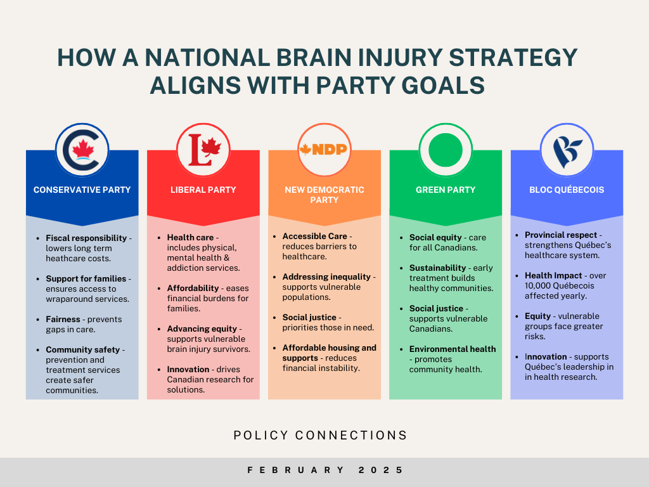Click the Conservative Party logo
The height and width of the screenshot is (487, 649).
82,150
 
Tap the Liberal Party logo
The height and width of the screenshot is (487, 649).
203,150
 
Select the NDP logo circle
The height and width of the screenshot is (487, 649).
324,150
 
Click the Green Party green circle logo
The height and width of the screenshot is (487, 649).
446,150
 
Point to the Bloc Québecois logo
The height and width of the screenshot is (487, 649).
567,150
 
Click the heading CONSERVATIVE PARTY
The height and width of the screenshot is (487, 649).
82,190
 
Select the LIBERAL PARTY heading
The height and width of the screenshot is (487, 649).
203,190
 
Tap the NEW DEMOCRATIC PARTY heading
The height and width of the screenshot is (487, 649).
324,195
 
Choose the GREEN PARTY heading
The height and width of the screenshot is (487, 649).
446,190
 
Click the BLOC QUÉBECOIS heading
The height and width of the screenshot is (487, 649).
567,190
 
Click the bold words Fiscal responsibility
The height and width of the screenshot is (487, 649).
86,238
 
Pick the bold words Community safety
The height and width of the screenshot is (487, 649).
83,350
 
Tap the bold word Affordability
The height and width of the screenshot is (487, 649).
193,289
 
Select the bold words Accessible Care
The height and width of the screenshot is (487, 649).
314,236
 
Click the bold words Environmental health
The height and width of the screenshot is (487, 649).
453,349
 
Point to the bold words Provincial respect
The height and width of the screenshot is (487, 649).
561,235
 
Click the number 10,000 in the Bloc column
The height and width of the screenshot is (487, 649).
537,286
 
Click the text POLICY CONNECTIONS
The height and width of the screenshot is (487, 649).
320,435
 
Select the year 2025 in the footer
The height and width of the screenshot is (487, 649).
380,470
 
